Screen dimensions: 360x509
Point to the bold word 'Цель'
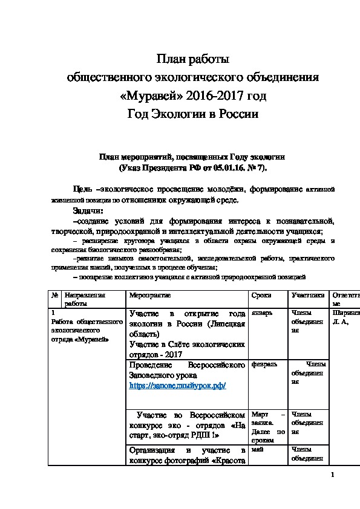82,189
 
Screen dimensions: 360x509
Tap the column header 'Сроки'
261,295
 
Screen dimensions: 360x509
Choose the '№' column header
54,295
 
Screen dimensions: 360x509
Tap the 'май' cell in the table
257,450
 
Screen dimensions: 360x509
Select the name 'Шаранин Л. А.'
345,317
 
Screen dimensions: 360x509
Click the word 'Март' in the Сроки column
260,414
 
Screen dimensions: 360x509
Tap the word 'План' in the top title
171,59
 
